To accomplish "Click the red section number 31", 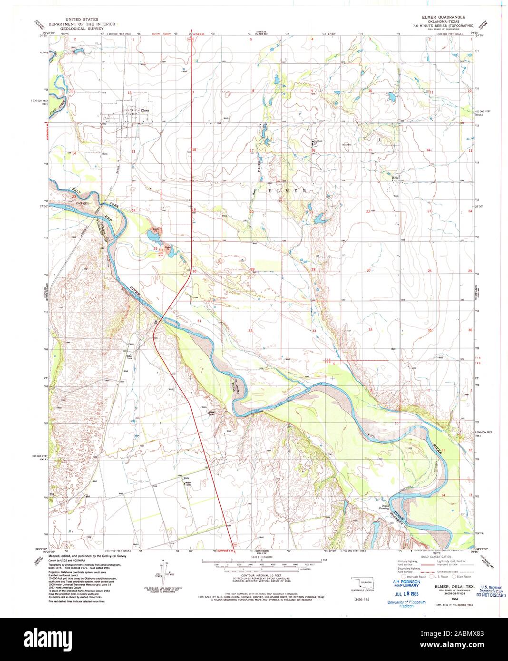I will [x=199, y=321].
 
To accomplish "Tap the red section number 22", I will [x=368, y=211].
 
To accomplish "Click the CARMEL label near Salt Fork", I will [x=82, y=203].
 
